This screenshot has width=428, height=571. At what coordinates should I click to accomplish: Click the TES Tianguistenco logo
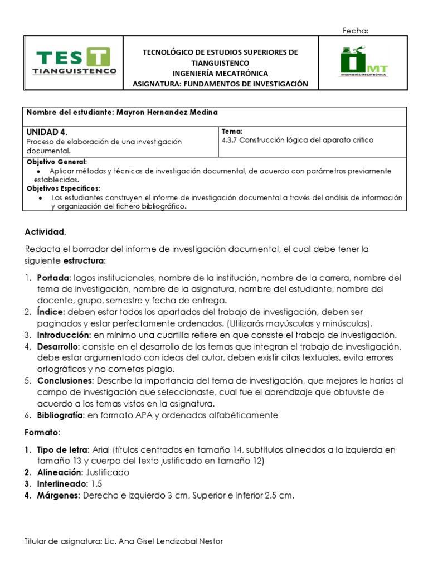click(x=76, y=61)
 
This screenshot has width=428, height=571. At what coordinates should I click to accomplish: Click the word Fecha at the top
click(x=355, y=31)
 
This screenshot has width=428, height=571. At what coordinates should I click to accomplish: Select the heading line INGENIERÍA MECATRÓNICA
click(x=220, y=73)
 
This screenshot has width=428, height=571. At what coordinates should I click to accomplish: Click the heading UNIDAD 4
click(x=47, y=132)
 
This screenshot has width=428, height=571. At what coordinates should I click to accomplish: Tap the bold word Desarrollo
click(x=58, y=346)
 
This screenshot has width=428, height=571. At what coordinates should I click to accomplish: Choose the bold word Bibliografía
click(x=61, y=415)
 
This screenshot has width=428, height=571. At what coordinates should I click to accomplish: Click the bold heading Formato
click(x=42, y=432)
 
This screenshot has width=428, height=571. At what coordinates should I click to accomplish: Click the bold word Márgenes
click(x=59, y=495)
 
